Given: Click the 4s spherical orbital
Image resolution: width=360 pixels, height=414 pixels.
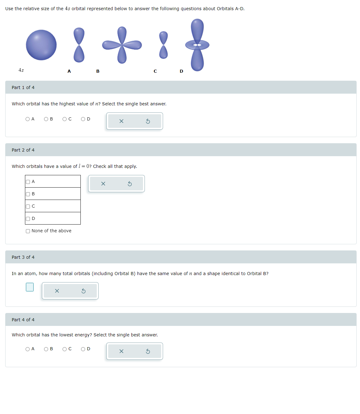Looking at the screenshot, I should coord(41,45).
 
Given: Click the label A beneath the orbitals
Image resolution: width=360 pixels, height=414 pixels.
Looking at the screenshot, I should coord(69,71).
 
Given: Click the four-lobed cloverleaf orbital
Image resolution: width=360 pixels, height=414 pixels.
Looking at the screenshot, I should coord(122,45).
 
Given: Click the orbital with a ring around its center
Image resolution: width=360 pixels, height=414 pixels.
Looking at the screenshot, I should coord(197,45).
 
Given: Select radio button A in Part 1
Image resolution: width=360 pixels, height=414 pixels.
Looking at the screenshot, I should coord(28,119).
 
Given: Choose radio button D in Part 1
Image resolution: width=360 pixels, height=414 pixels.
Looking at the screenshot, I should coord(83,119).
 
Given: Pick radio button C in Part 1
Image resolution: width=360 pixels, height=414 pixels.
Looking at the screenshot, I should coord(65,119).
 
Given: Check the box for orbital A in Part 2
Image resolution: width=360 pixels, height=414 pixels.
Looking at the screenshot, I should coord(28,182).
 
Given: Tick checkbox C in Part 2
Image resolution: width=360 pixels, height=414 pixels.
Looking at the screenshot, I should coord(28,206).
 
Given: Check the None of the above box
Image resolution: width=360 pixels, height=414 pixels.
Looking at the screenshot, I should coord(28,231).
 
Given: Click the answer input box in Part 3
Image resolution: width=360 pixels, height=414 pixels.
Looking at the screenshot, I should coord(30,287).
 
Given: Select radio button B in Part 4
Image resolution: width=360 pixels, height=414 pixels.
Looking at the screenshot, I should coord(46,349).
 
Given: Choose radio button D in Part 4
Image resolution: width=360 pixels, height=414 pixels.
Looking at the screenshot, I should coord(83,349).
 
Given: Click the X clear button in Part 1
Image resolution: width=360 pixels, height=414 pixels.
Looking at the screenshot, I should coord(121,121).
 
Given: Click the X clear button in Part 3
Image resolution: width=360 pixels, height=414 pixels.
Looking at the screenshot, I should coord(57,291).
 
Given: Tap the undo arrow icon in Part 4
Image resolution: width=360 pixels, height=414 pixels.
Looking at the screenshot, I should coord(148,351).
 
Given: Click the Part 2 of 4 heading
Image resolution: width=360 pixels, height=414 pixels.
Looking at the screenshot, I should coord(23,150).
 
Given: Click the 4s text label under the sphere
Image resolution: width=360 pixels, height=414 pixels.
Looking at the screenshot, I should coord(21,70).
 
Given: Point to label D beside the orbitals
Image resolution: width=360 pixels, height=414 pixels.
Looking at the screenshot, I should coord(181,71).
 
